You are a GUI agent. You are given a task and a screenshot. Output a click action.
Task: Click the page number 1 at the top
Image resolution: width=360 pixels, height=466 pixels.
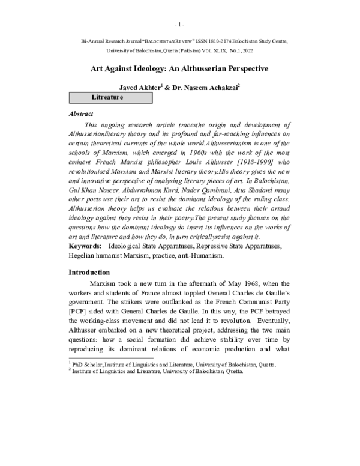click(179, 25)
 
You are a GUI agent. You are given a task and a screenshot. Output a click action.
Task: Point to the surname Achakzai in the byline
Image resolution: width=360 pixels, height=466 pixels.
click(221, 88)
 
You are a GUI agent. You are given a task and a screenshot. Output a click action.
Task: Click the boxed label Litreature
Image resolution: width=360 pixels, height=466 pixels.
click(107, 97)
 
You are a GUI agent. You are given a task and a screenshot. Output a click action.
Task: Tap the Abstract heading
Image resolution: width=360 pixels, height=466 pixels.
click(81, 113)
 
